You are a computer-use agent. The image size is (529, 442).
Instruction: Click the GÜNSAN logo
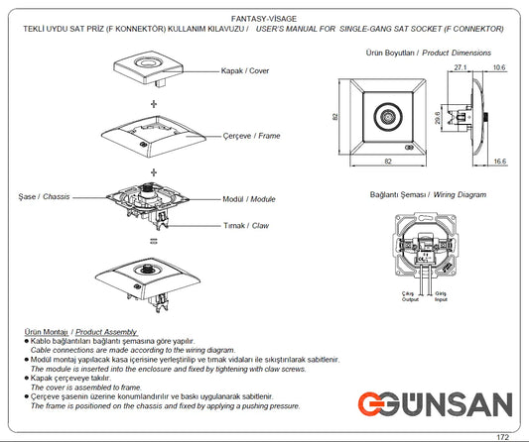[436, 404]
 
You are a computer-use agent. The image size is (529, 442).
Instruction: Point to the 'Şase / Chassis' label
[44, 198]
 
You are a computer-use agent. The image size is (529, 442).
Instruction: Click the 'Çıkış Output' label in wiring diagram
[407, 297]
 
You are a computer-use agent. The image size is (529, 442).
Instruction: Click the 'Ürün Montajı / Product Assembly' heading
[78, 331]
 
